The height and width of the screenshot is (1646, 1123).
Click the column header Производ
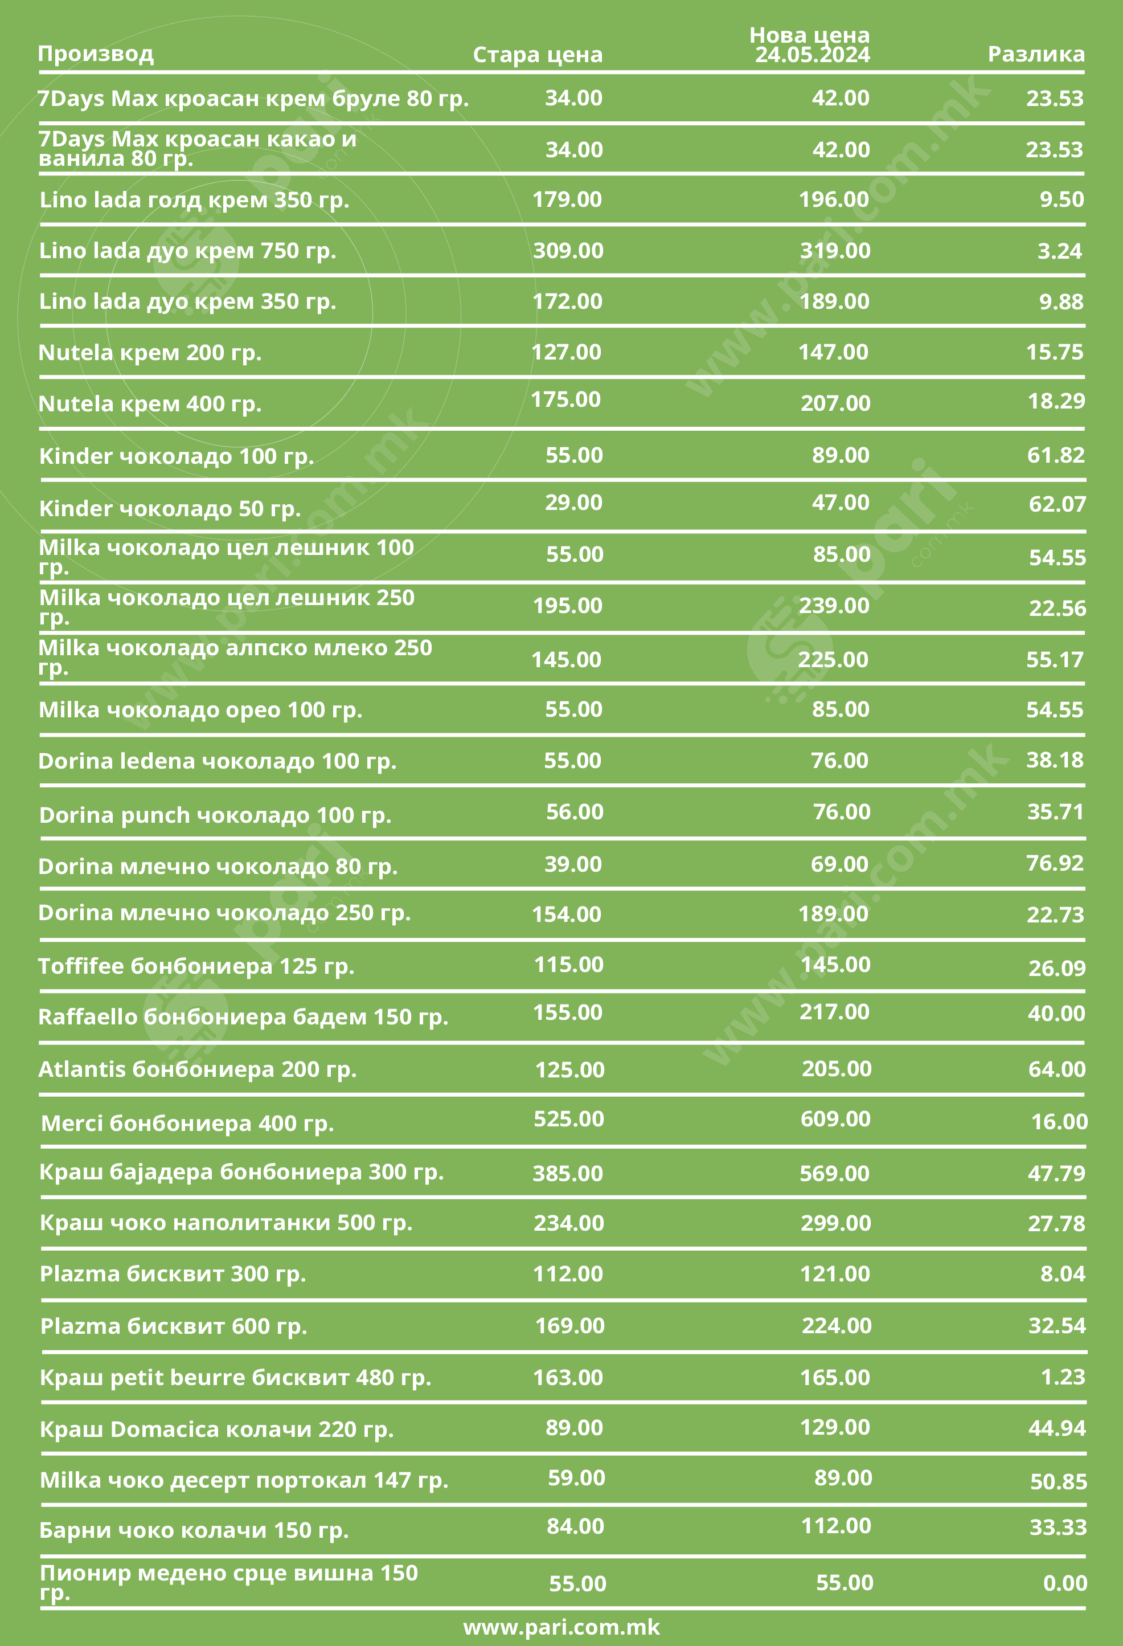96,54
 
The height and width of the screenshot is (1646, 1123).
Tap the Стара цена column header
538,55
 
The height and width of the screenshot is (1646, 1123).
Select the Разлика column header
1036,54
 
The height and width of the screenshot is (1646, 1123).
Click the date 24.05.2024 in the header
812,55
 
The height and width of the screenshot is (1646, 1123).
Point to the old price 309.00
568,251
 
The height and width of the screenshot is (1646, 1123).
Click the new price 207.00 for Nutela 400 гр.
835,403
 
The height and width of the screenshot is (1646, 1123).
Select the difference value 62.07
1057,504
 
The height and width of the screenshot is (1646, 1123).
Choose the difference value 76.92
1055,863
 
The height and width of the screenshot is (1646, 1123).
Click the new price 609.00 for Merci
835,1119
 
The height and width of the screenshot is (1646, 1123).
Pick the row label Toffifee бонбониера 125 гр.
196,966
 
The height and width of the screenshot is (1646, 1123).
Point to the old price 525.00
568,1119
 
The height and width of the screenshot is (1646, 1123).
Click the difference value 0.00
1065,1583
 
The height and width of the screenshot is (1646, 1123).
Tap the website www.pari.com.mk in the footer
561,1627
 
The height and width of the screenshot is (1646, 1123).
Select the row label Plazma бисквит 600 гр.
174,1326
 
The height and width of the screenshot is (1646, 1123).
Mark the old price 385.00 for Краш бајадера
568,1173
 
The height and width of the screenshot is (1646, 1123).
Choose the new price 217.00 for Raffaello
835,1011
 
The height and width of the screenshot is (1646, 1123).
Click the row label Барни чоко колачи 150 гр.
194,1530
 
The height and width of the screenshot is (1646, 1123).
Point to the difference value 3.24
1059,251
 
